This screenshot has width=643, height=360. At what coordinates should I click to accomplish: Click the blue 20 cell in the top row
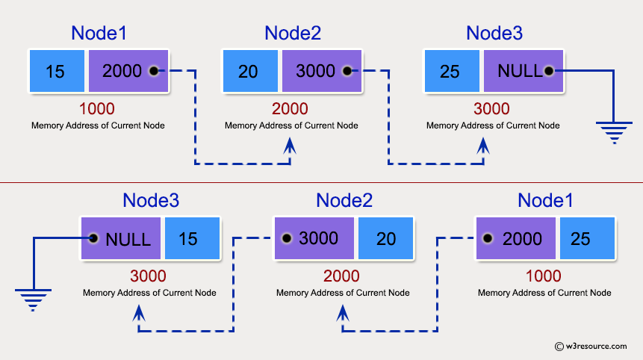point(250,72)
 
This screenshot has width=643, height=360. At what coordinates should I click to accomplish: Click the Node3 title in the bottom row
point(150,200)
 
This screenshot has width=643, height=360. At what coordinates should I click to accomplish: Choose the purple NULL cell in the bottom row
point(121,239)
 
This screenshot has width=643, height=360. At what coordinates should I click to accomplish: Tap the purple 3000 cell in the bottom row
point(314,239)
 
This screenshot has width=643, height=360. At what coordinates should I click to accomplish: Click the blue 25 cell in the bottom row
point(586,239)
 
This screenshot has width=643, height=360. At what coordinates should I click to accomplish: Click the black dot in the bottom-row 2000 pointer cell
point(488,239)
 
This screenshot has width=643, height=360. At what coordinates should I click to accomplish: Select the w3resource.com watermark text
point(595,346)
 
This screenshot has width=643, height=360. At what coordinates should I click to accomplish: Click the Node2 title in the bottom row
point(344,200)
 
